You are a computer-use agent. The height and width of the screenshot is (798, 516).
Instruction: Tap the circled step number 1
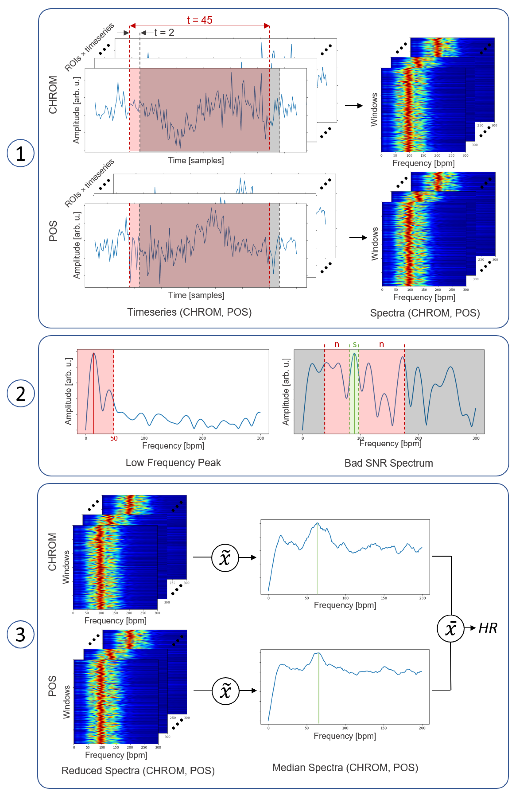click(x=20, y=153)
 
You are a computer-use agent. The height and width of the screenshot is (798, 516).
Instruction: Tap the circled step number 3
click(x=20, y=634)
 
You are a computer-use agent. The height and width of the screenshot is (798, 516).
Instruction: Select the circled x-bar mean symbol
click(x=450, y=628)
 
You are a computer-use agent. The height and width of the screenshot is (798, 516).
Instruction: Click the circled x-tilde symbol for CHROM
click(x=225, y=558)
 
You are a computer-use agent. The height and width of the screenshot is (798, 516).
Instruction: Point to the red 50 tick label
click(x=114, y=438)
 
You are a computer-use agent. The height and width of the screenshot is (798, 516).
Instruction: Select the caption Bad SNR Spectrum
click(x=389, y=463)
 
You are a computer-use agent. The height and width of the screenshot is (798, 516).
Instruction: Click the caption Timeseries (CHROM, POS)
click(x=189, y=312)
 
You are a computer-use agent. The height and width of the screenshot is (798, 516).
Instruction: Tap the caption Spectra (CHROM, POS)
click(x=425, y=313)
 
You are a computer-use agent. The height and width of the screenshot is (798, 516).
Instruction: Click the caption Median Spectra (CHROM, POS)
click(x=345, y=767)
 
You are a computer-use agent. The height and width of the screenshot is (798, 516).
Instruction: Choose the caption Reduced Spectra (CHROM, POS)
click(x=138, y=770)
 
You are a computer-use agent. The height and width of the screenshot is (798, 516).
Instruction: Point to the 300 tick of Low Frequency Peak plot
click(x=260, y=438)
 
